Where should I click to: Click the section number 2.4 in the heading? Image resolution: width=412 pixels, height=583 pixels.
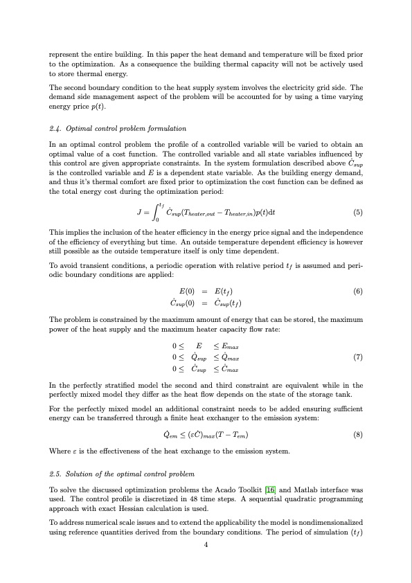(x=55, y=128)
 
